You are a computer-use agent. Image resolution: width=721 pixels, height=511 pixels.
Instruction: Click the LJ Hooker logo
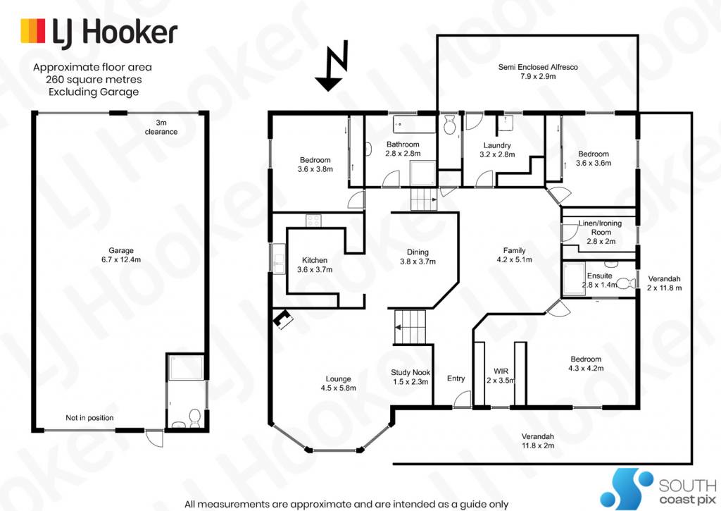click(99, 32)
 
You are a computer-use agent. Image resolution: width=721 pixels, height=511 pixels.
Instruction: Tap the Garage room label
click(121, 254)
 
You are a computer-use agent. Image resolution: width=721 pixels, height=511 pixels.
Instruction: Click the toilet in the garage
click(195, 417)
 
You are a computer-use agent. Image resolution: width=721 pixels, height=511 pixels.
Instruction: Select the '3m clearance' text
click(161, 127)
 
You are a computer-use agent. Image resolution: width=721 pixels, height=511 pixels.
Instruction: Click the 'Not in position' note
click(89, 417)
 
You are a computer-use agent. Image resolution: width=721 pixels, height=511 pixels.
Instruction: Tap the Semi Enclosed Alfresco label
click(538, 71)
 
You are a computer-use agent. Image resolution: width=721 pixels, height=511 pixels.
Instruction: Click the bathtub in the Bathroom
click(414, 124)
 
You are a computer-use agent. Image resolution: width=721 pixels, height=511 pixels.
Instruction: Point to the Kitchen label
click(315, 265)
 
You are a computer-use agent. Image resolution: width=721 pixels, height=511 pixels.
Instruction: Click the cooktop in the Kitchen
click(313, 221)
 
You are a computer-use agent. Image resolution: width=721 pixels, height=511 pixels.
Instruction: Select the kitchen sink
click(279, 259)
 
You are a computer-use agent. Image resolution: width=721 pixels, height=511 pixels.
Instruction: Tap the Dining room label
click(418, 257)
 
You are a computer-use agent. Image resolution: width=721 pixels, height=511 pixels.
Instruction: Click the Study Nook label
click(410, 376)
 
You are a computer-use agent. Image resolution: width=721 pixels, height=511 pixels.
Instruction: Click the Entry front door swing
click(462, 399)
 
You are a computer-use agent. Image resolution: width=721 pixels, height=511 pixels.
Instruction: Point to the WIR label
click(501, 376)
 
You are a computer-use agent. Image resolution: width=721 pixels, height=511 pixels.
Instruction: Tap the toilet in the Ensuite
click(626, 283)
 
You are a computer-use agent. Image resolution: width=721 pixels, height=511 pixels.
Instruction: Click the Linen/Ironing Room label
click(601, 232)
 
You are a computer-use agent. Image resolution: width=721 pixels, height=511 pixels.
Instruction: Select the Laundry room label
click(497, 149)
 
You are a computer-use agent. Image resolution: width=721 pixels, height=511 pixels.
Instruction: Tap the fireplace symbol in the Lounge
click(282, 319)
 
